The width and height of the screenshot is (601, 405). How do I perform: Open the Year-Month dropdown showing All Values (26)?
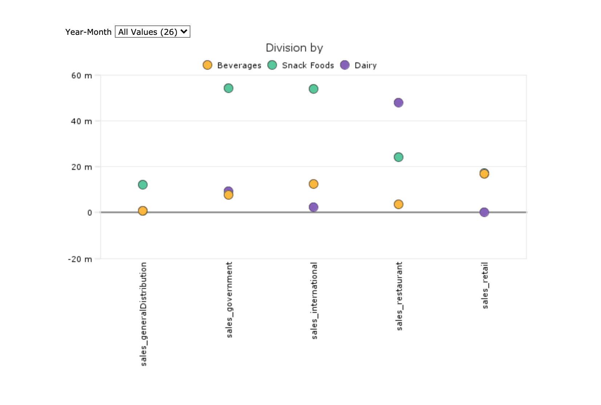[152, 32]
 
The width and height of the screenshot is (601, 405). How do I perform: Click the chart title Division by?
[294, 48]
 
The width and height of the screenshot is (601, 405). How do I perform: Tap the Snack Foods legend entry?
[301, 65]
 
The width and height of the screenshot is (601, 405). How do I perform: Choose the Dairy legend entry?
[359, 65]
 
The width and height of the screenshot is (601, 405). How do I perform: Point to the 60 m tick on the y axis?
[82, 75]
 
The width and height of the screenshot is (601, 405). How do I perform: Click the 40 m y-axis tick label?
[82, 121]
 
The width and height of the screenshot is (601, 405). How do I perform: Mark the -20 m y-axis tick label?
[80, 259]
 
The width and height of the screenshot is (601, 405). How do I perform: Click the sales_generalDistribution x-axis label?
[144, 314]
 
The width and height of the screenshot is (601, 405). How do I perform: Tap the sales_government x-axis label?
[229, 300]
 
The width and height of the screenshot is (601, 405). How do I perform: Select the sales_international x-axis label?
[314, 300]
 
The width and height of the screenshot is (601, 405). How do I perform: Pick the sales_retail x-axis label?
[485, 285]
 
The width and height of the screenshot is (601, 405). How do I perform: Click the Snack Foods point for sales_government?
[228, 88]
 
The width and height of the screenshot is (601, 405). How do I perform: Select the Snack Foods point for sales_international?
[314, 89]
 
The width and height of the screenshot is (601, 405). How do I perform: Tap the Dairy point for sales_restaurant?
[399, 103]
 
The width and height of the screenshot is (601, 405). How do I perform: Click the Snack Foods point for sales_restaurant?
[399, 157]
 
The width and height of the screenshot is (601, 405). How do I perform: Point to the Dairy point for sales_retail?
[484, 212]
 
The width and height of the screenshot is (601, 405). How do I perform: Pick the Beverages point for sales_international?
[314, 184]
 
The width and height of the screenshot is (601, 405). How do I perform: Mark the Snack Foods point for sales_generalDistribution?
[143, 185]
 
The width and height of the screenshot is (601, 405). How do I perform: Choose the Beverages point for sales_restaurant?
[399, 204]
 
